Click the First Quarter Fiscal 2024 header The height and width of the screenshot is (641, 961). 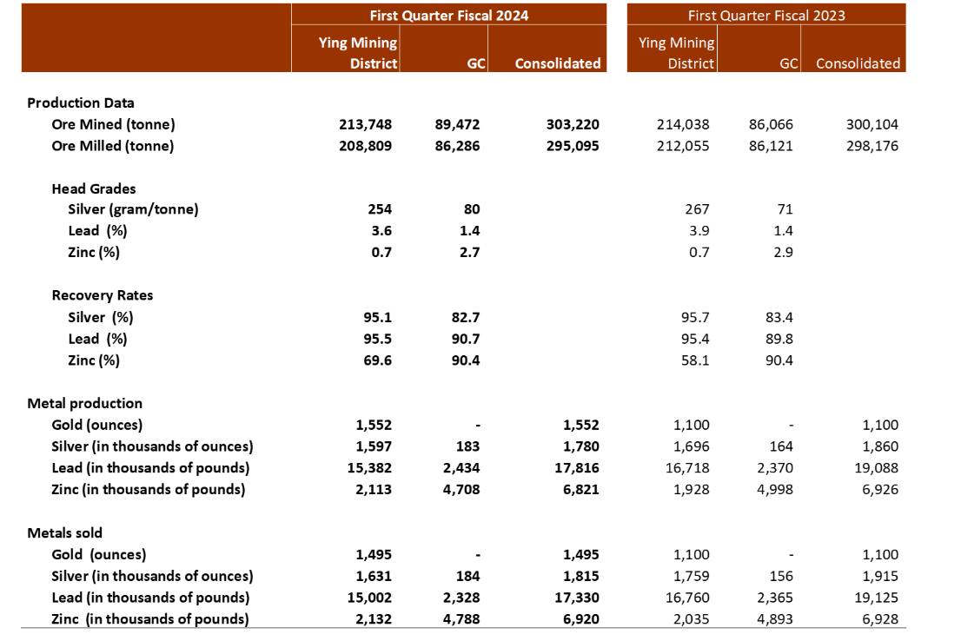click(x=448, y=16)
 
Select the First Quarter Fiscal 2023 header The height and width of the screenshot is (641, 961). click(x=766, y=16)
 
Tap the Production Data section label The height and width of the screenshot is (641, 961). click(x=80, y=103)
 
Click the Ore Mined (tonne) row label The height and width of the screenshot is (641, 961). click(x=113, y=124)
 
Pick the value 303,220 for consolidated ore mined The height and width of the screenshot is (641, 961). click(x=573, y=124)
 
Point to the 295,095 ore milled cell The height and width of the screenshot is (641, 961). click(x=573, y=146)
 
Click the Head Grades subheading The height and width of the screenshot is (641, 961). click(x=94, y=188)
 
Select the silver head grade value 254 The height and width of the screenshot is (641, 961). click(x=380, y=209)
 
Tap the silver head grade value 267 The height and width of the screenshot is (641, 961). click(x=697, y=209)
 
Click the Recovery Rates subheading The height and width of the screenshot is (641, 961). click(x=103, y=295)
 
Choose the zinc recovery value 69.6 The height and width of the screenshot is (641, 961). click(x=377, y=360)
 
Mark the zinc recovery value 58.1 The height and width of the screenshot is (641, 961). click(x=695, y=360)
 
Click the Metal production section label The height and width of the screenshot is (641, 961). click(x=84, y=403)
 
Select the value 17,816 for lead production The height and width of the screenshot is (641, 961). click(x=577, y=468)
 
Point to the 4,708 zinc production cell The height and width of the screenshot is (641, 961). click(x=461, y=490)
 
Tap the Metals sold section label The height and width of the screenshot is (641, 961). click(x=64, y=533)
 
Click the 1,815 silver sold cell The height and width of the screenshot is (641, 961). click(x=581, y=576)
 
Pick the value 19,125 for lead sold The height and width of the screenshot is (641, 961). click(x=877, y=598)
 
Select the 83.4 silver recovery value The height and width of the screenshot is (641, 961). click(x=779, y=317)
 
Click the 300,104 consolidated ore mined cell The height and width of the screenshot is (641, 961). click(x=872, y=124)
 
